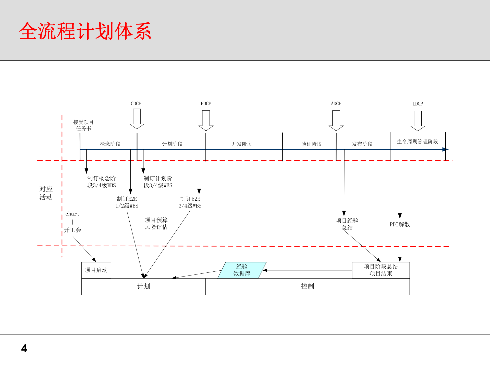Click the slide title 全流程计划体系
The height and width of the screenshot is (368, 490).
[85, 31]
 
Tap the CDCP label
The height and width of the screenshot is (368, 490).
[136, 103]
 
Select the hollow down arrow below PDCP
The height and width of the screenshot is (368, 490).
[206, 120]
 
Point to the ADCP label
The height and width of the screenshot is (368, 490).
[336, 103]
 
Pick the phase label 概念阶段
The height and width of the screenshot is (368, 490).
[110, 144]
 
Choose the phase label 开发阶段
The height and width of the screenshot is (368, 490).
[242, 144]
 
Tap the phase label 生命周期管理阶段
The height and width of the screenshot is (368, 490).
[417, 142]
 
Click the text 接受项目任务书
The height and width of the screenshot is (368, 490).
[83, 125]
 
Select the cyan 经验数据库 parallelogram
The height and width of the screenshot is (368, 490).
[242, 270]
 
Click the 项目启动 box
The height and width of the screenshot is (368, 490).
[96, 270]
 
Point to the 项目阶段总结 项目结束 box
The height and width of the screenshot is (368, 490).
[381, 270]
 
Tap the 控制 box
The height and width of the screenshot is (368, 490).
[307, 286]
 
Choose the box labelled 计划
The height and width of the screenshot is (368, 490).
[143, 286]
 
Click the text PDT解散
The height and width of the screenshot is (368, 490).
[400, 224]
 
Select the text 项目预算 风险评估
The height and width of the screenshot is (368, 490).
[156, 224]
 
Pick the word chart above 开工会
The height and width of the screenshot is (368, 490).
[72, 214]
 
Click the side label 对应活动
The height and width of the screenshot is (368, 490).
[46, 193]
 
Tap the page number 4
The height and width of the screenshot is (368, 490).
[24, 349]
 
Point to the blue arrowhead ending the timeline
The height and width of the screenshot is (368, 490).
[445, 149]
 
